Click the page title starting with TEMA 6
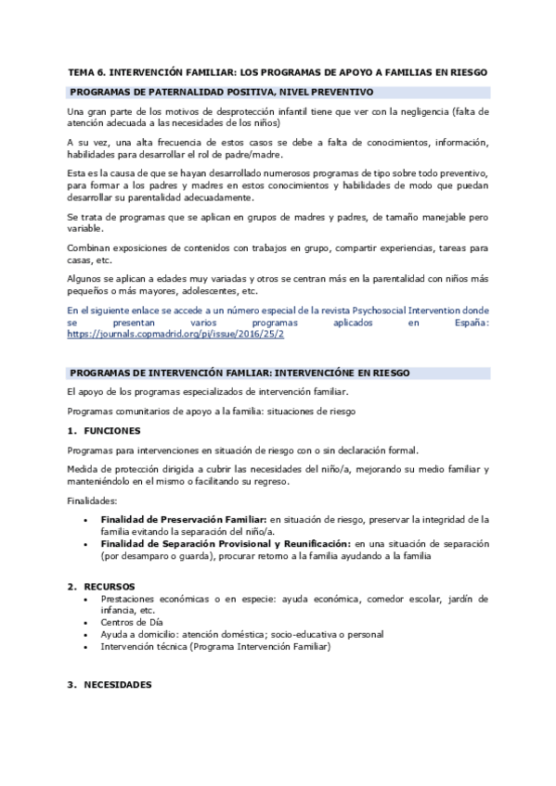pos(278,71)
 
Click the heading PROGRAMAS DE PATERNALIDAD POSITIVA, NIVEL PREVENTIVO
pos(221,92)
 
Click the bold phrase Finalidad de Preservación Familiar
pos(184,519)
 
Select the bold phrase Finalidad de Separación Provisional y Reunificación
pos(219,543)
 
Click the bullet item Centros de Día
pos(130,623)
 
